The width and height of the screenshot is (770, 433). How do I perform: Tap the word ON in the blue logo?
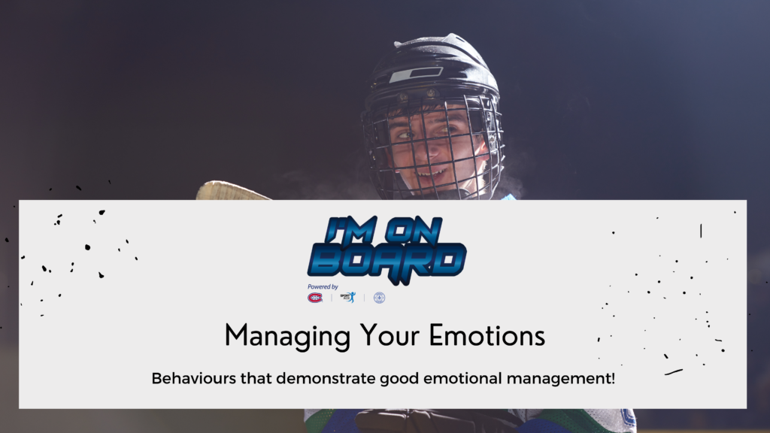pyautogui.click(x=414, y=229)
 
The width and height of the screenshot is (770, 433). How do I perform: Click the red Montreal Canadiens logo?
pyautogui.click(x=315, y=298)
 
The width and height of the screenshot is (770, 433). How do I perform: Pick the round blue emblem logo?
pyautogui.click(x=379, y=298)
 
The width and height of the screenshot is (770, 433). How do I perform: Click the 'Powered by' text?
pyautogui.click(x=323, y=286)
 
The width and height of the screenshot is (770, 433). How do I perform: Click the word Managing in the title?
pyautogui.click(x=287, y=337)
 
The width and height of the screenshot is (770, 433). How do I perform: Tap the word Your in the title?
pyautogui.click(x=390, y=335)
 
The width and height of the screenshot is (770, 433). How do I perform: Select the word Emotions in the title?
pyautogui.click(x=487, y=335)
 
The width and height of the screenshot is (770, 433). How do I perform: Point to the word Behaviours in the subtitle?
pyautogui.click(x=193, y=379)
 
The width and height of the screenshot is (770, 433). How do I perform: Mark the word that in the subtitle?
pyautogui.click(x=256, y=379)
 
